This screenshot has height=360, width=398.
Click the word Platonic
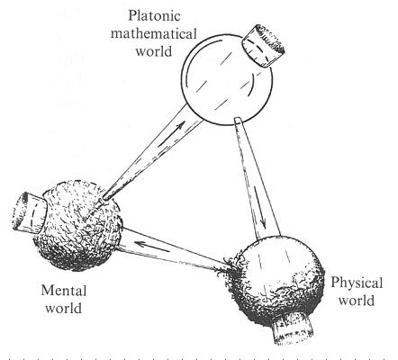(x=154, y=16)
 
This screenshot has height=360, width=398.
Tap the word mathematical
(x=154, y=33)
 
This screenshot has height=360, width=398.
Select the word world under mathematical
(x=154, y=51)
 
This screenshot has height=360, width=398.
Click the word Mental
(x=64, y=291)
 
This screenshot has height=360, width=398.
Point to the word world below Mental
(x=63, y=308)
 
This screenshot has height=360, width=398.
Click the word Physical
(x=357, y=283)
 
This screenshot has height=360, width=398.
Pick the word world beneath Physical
(x=357, y=301)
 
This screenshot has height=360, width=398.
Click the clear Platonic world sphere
(x=227, y=80)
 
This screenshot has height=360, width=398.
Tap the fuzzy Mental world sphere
(x=78, y=225)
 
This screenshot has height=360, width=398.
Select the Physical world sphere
(x=275, y=281)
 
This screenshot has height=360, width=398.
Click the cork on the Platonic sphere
(x=263, y=46)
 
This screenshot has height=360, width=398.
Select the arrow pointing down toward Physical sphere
(x=260, y=208)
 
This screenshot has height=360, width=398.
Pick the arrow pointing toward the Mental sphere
(x=151, y=247)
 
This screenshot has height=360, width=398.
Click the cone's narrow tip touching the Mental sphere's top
(x=104, y=199)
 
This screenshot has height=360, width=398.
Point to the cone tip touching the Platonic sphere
(x=237, y=120)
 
